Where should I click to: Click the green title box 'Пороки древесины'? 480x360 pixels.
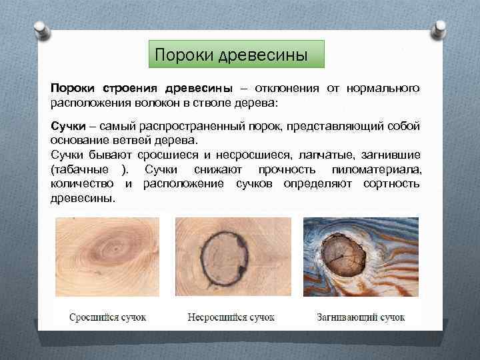(x=235, y=54)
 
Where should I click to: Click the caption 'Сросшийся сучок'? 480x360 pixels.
(x=107, y=317)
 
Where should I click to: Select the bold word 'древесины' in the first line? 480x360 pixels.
(x=199, y=89)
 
